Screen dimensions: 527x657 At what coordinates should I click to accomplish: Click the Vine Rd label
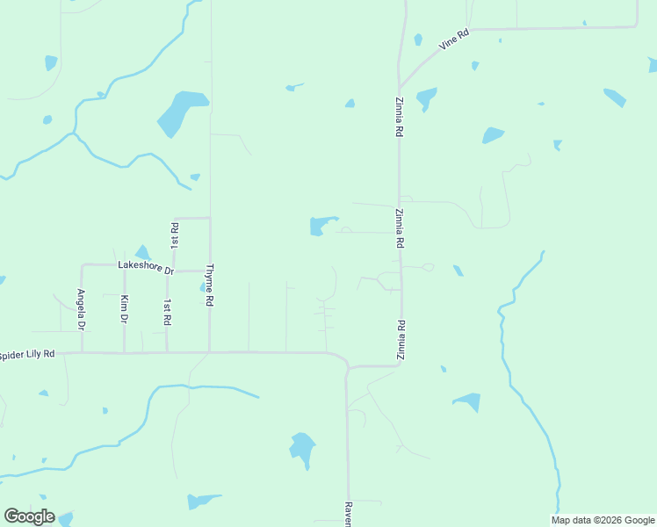(x=455, y=40)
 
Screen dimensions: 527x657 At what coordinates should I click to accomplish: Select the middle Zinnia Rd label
(x=399, y=228)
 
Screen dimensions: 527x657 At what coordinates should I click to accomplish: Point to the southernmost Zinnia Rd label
(x=401, y=340)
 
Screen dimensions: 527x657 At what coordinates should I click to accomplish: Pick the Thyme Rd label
(x=209, y=285)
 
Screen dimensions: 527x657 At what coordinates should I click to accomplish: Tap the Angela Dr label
(x=81, y=309)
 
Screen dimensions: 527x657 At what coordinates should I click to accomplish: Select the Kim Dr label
(x=124, y=309)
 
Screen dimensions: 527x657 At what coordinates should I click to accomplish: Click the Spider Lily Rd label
(x=27, y=354)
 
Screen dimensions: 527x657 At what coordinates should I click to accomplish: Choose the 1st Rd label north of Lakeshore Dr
(x=175, y=235)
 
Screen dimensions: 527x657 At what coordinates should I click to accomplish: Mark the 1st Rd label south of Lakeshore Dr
(x=167, y=313)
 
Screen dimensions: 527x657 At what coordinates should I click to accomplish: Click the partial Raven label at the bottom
(x=348, y=514)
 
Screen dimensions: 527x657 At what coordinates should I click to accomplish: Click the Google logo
(x=29, y=516)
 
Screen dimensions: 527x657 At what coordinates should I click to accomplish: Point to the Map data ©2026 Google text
(x=603, y=520)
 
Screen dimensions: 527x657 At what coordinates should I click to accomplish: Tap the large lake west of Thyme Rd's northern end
(x=180, y=112)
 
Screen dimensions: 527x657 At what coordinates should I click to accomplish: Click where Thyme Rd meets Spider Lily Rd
(x=209, y=353)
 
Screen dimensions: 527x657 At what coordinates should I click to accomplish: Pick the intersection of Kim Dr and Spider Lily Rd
(x=124, y=353)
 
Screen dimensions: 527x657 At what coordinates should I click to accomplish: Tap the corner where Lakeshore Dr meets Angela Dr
(x=82, y=265)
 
